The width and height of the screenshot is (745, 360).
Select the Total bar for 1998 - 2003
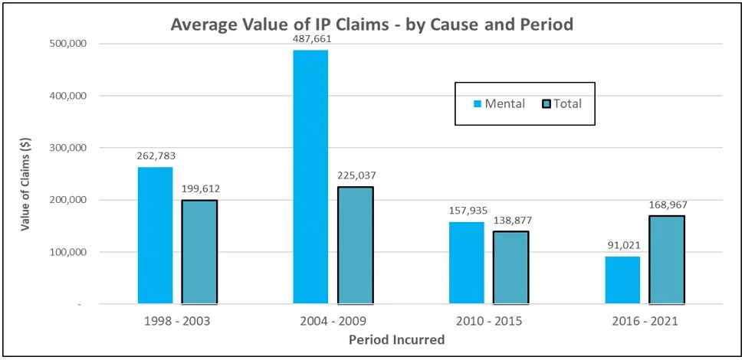200,252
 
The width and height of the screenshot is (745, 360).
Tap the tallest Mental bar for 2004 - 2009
310,177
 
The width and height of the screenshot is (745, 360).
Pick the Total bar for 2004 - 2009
356,245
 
